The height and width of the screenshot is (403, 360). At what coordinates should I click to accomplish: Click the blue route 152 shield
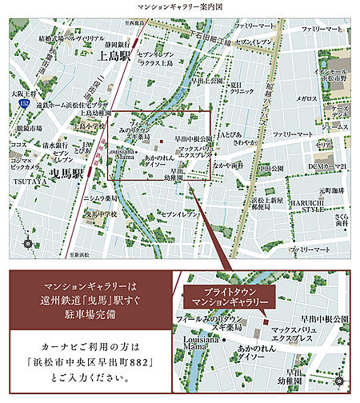[x=26, y=104]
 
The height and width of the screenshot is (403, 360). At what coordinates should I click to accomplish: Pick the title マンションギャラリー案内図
[x=179, y=6]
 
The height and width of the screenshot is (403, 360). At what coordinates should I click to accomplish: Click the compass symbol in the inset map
[x=342, y=379]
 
